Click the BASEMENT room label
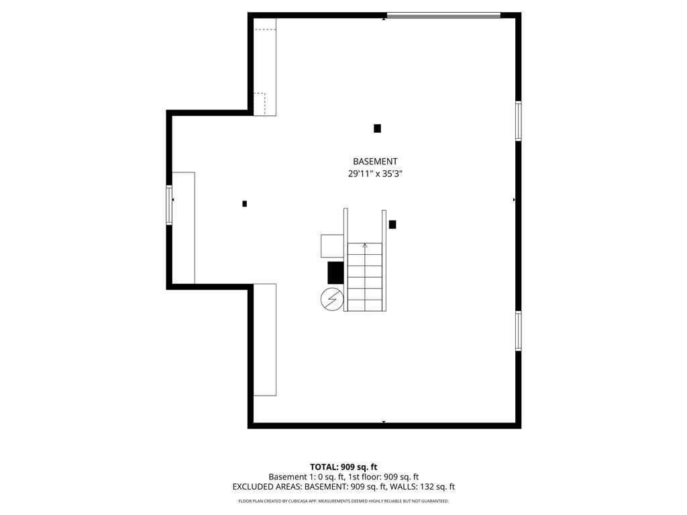pyautogui.click(x=375, y=162)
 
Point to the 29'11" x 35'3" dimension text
pyautogui.click(x=375, y=174)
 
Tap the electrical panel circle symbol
pyautogui.click(x=332, y=300)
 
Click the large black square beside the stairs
pyautogui.click(x=335, y=273)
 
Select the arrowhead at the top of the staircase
pyautogui.click(x=365, y=245)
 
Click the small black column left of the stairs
pyautogui.click(x=244, y=204)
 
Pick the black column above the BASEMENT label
pyautogui.click(x=377, y=128)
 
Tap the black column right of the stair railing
pyautogui.click(x=392, y=224)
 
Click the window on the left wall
pyautogui.click(x=168, y=205)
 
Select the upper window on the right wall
pyautogui.click(x=519, y=121)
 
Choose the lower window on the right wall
pyautogui.click(x=519, y=331)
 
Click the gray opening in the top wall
pyautogui.click(x=444, y=16)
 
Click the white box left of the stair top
pyautogui.click(x=332, y=246)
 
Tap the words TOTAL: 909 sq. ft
pyautogui.click(x=343, y=467)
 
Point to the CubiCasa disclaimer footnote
pyautogui.click(x=343, y=501)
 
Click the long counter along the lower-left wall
pyautogui.click(x=264, y=340)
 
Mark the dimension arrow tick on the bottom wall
pyautogui.click(x=384, y=422)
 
